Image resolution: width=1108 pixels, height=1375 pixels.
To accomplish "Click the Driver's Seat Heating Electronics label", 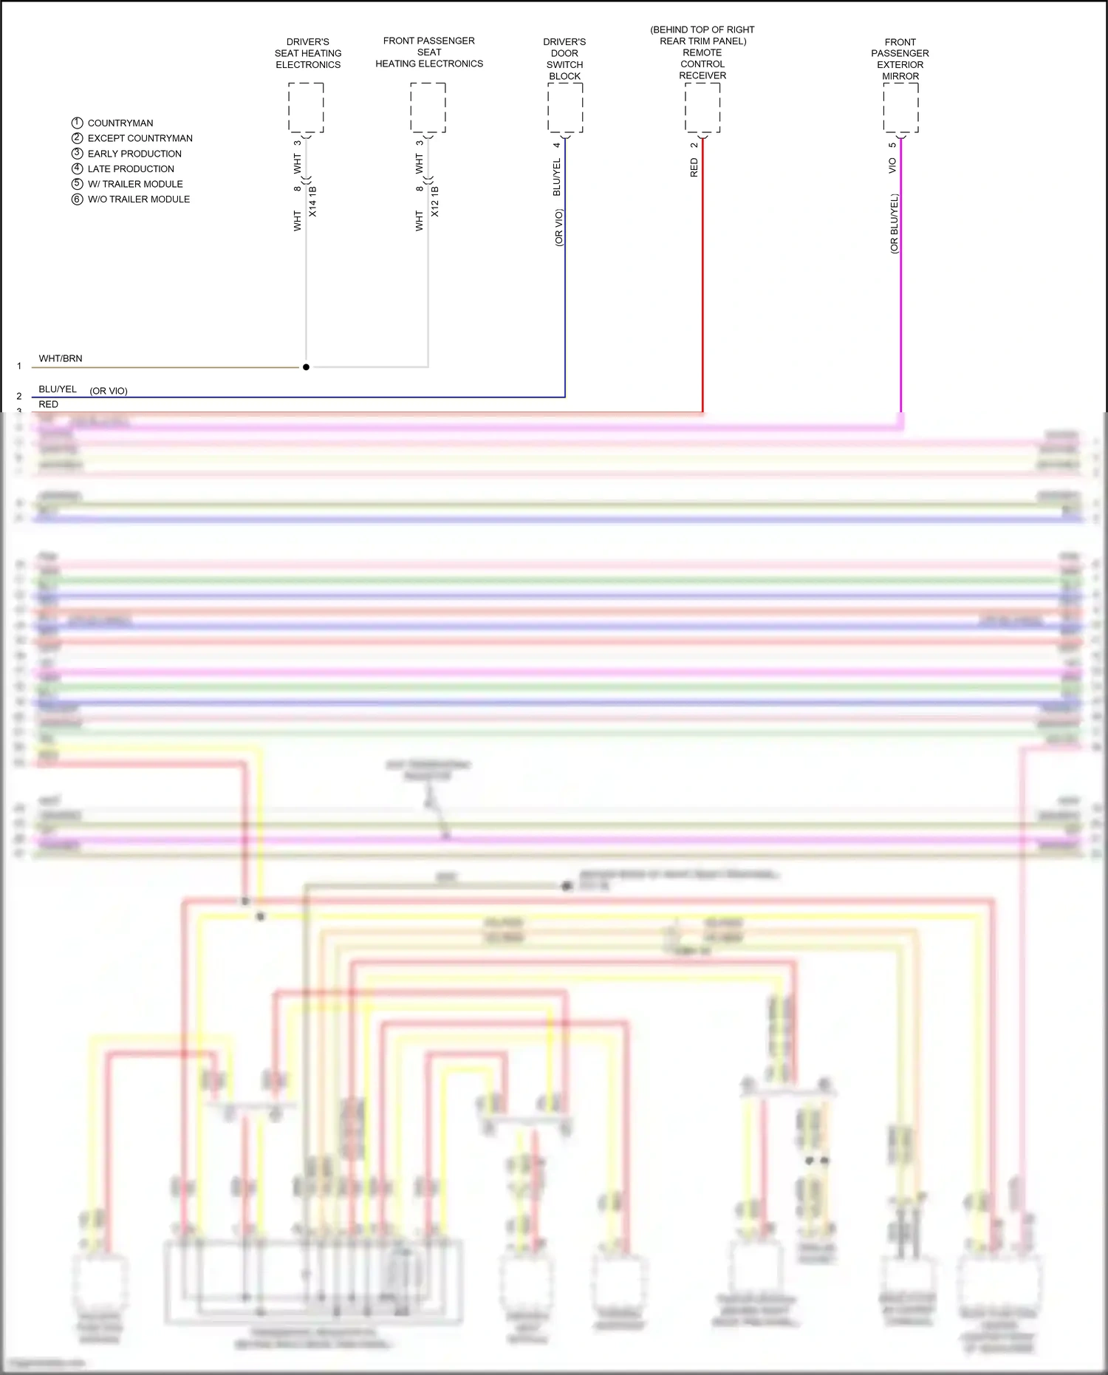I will click(308, 53).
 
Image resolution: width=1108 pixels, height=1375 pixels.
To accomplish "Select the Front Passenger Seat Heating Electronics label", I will click(429, 52).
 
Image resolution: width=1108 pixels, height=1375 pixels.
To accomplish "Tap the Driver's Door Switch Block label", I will click(564, 59).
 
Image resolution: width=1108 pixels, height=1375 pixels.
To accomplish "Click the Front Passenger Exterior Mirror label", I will click(900, 59).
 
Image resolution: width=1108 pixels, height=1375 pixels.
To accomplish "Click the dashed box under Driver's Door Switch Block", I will click(565, 108).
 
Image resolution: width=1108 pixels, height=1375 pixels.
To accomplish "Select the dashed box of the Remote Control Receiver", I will click(702, 108).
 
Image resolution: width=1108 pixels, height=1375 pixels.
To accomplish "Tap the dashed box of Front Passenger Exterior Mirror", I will click(900, 108).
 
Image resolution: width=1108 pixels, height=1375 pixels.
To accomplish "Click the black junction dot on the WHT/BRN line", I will click(306, 367).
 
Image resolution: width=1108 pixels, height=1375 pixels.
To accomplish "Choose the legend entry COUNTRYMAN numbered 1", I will click(120, 123).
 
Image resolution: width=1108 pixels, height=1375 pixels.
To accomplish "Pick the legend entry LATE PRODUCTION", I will click(131, 169).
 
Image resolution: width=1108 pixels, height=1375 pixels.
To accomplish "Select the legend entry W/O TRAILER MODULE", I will click(139, 199).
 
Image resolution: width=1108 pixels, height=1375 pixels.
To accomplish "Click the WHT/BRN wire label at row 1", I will click(61, 359).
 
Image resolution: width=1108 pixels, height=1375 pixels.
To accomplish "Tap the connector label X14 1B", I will click(312, 202).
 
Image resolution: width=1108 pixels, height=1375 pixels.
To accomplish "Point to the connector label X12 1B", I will click(435, 202).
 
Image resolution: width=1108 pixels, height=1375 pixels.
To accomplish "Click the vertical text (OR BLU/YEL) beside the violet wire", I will click(894, 224).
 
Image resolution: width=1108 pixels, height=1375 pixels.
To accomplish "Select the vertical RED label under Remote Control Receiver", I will click(694, 168).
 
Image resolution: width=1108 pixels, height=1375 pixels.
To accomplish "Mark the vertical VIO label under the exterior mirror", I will click(892, 166).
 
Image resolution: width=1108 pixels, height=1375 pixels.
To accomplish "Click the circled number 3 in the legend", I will click(77, 154).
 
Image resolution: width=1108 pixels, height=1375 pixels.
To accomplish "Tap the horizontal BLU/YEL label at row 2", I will click(58, 389).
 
